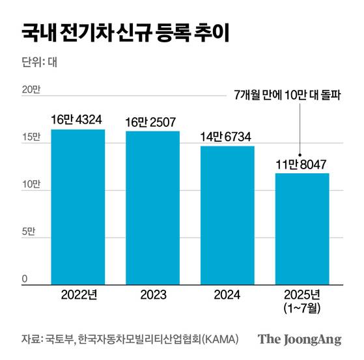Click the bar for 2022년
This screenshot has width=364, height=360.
[78, 207]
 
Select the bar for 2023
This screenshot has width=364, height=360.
[152, 208]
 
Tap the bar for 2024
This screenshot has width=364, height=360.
[227, 215]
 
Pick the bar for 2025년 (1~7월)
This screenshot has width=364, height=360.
[301, 228]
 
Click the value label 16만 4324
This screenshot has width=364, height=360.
[78, 120]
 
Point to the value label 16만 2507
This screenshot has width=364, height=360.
[152, 122]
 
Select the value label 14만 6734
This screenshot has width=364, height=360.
[227, 137]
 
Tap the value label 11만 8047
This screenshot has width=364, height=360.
[301, 163]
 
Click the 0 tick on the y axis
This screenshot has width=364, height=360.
[25, 279]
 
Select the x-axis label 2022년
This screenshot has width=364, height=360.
[78, 294]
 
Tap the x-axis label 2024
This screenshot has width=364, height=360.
[227, 294]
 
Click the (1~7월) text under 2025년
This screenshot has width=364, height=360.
[301, 307]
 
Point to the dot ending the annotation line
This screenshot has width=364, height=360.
[300, 154]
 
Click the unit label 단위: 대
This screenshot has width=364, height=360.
[40, 64]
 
